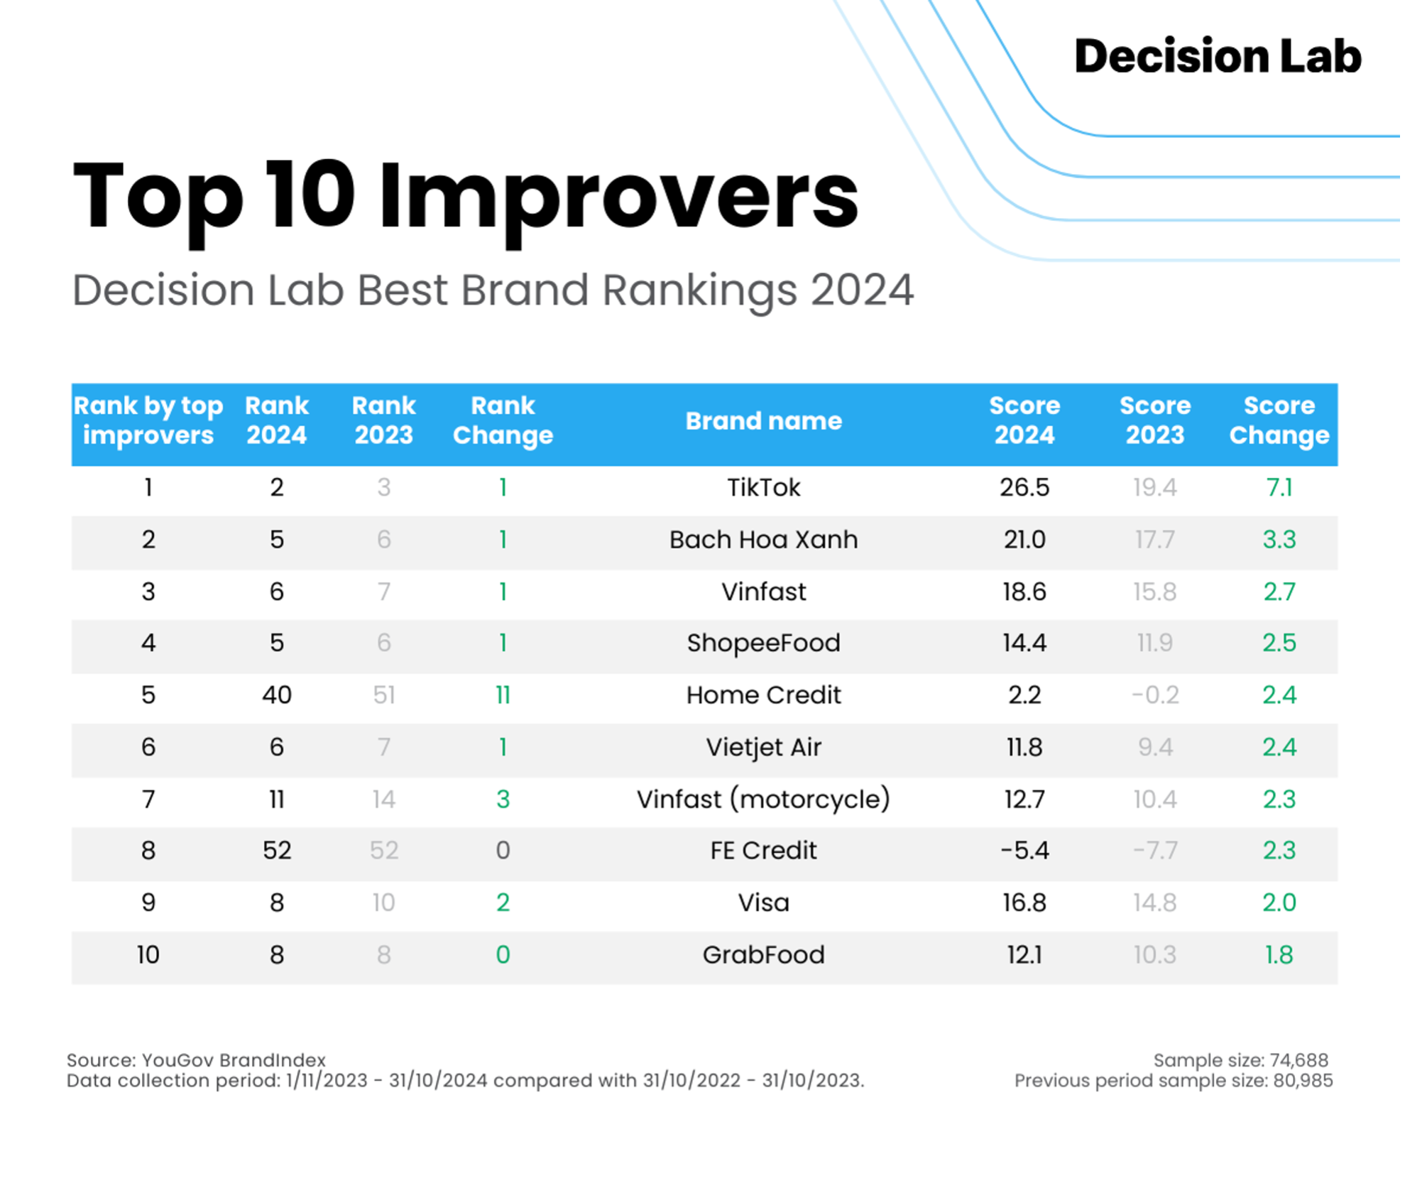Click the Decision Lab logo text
coord(1217,57)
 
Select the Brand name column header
coord(763,421)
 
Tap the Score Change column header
coord(1279,420)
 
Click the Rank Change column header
coord(503,420)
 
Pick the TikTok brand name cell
coord(763,488)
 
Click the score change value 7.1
coord(1279,488)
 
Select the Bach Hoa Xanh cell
coord(763,540)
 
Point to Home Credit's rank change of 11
coord(503,695)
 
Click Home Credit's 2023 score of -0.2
coord(1155,695)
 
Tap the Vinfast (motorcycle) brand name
coord(763,800)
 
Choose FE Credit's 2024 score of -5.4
coord(1024,851)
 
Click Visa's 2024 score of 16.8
coord(1024,903)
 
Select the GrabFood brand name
coord(763,955)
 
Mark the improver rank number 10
coord(148,955)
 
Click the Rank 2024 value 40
coord(277,695)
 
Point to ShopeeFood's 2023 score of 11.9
coord(1155,643)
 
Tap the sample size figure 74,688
coord(1299,1060)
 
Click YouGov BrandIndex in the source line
coord(234,1060)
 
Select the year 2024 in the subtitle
coord(862,290)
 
